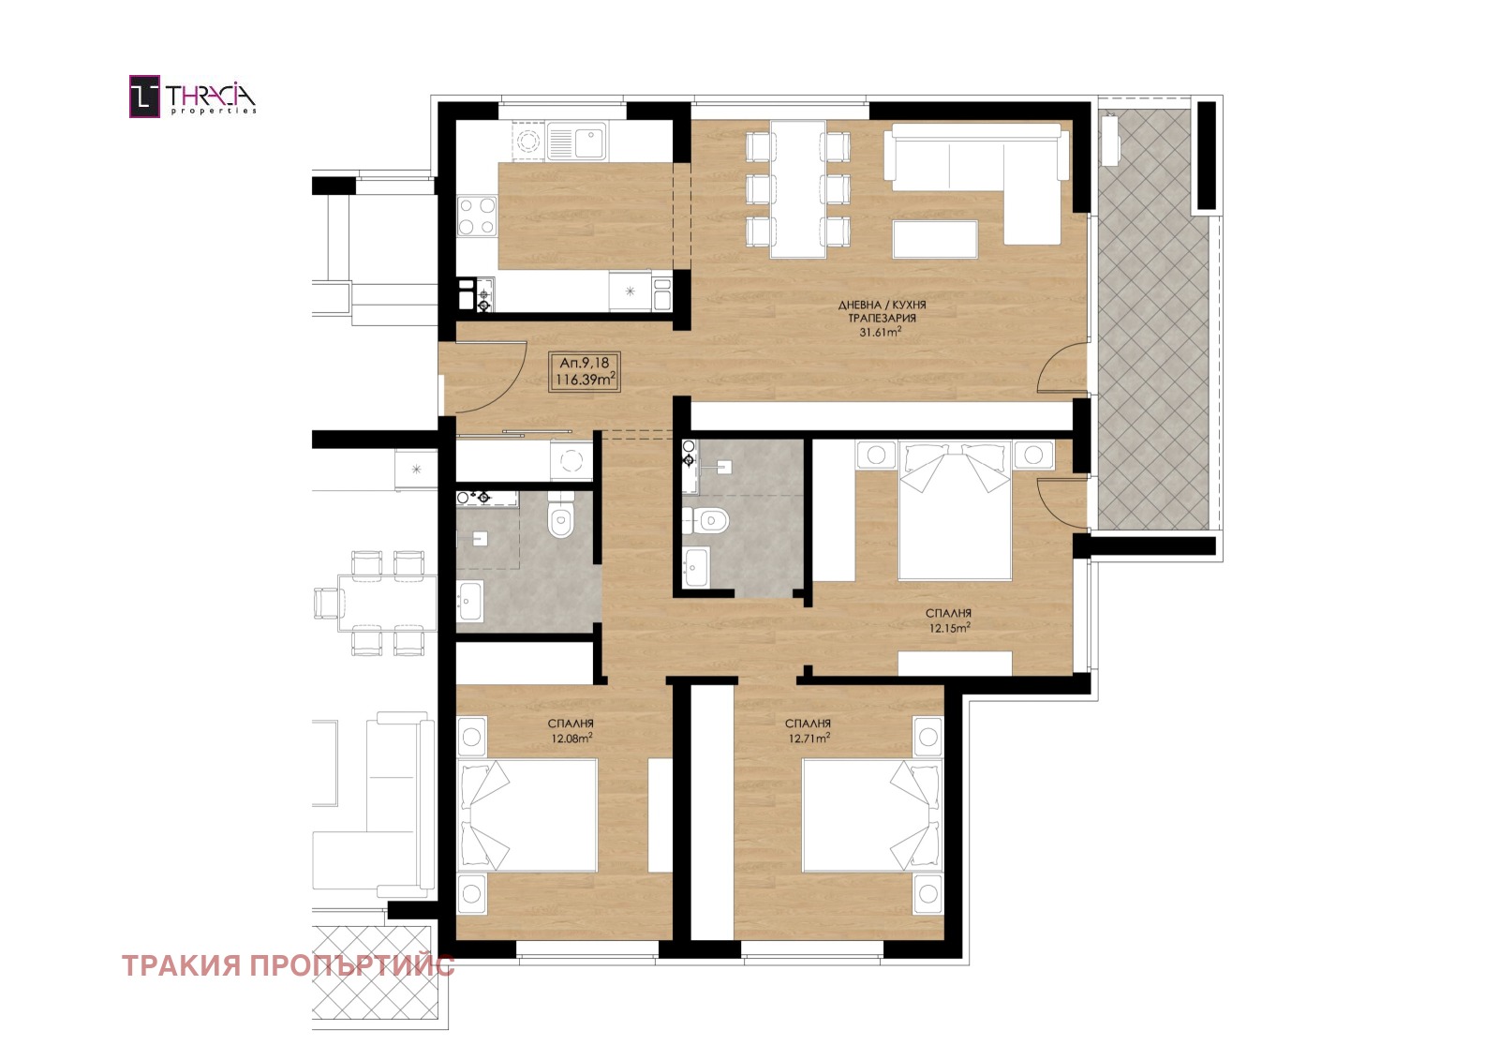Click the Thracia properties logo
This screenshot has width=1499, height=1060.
pos(193,97)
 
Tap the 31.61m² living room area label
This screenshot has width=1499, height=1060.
pos(882,332)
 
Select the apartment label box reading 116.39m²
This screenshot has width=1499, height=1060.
pos(585,372)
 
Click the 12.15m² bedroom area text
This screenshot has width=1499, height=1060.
pos(950,628)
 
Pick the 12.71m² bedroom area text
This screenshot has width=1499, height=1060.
pos(809,739)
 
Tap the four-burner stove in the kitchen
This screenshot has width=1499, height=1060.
pos(477,216)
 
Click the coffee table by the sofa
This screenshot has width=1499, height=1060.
pos(935,238)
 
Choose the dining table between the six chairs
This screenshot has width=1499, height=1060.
pos(797,188)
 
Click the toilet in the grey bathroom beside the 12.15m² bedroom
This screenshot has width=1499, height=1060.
pos(706,520)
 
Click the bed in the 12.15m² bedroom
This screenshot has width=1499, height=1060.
pos(955,510)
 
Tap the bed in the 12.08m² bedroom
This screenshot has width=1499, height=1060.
pos(527,815)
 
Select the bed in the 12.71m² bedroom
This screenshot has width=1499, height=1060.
pos(872,815)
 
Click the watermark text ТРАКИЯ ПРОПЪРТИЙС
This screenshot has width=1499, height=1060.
pos(289,966)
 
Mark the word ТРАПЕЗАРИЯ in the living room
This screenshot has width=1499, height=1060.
pos(882,318)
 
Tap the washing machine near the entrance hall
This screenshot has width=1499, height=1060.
pos(571,460)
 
